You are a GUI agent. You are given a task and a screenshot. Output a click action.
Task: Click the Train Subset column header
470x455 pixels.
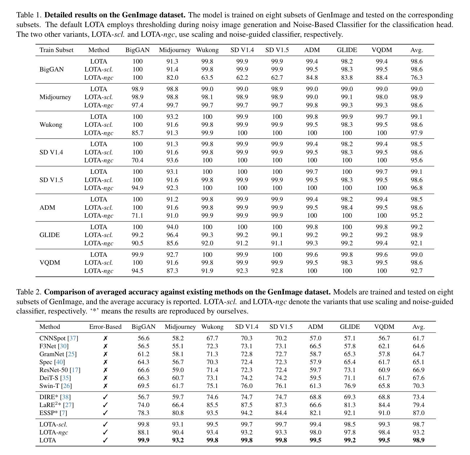56,50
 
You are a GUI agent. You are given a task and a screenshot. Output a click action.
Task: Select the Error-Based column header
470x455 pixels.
105,327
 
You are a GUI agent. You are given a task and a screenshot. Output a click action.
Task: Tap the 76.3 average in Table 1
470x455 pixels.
416,78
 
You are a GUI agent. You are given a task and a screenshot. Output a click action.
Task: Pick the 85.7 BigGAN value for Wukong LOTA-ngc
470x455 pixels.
137,133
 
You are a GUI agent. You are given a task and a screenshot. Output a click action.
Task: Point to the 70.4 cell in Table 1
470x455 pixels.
137,160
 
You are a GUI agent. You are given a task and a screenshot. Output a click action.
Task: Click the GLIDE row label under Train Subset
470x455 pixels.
49,235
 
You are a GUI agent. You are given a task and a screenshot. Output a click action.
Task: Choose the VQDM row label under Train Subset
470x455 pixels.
50,263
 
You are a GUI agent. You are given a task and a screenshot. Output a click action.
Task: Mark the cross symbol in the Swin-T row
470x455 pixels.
105,386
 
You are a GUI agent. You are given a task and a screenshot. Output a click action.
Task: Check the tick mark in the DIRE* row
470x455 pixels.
105,397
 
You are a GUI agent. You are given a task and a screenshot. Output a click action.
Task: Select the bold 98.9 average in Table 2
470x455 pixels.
418,440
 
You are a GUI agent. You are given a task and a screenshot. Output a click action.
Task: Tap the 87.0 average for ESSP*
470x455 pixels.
418,413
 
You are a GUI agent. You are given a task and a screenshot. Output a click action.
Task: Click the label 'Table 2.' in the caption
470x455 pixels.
29,292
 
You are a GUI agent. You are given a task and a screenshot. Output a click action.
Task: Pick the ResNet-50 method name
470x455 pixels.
54,370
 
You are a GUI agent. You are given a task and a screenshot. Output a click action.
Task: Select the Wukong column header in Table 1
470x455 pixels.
207,50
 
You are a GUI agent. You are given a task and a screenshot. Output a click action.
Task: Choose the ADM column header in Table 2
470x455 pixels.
315,327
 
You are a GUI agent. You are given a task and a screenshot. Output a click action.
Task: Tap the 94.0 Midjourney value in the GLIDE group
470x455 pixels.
172,227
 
